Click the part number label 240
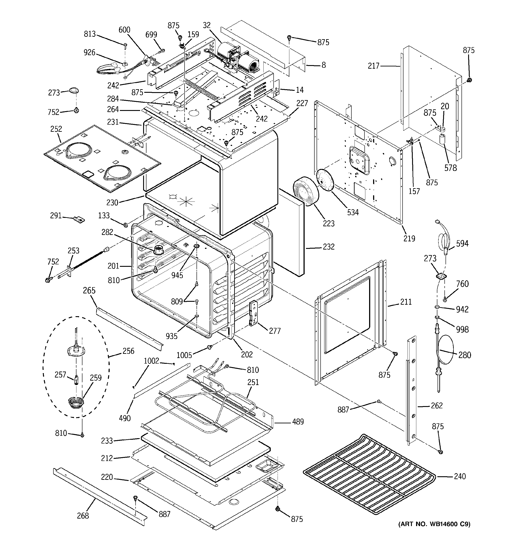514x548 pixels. point(460,476)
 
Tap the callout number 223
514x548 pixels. point(329,223)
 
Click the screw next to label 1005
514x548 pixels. point(209,347)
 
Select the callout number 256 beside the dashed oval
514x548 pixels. point(128,351)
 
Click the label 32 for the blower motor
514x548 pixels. point(207,25)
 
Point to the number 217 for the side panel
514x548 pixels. point(374,66)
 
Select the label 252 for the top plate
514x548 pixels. point(56,129)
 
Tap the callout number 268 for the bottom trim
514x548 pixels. point(83,515)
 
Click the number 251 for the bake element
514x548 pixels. point(253,382)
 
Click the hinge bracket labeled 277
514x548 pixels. point(253,314)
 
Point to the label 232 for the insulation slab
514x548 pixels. point(329,246)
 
